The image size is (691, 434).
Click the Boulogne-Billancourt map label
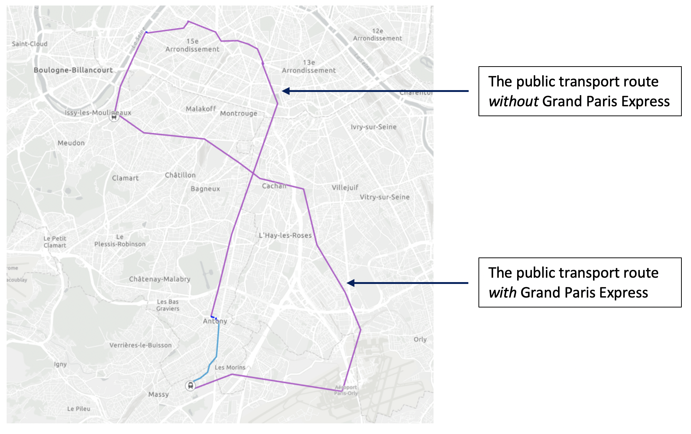pos(73,70)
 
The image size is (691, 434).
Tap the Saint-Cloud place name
pos(29,44)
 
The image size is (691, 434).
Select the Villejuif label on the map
pos(345,188)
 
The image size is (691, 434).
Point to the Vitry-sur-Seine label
pos(385,197)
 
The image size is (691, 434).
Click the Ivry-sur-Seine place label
pos(373,127)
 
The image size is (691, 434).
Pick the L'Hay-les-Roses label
pos(285,235)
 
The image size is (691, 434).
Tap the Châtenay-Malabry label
pos(159,279)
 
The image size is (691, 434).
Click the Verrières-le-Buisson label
pos(140,345)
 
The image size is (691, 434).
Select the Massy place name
pos(158,394)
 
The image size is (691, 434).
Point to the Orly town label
pos(420,339)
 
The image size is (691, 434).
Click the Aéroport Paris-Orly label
pos(346,390)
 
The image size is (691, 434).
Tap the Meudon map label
pos(71,143)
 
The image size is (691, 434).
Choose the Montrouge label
pos(239,113)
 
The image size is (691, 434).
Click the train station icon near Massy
pos(190,385)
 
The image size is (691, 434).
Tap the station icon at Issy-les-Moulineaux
pos(114,117)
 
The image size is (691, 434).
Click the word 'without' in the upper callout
pos(513,102)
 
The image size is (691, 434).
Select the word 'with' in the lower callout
pos(502,293)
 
